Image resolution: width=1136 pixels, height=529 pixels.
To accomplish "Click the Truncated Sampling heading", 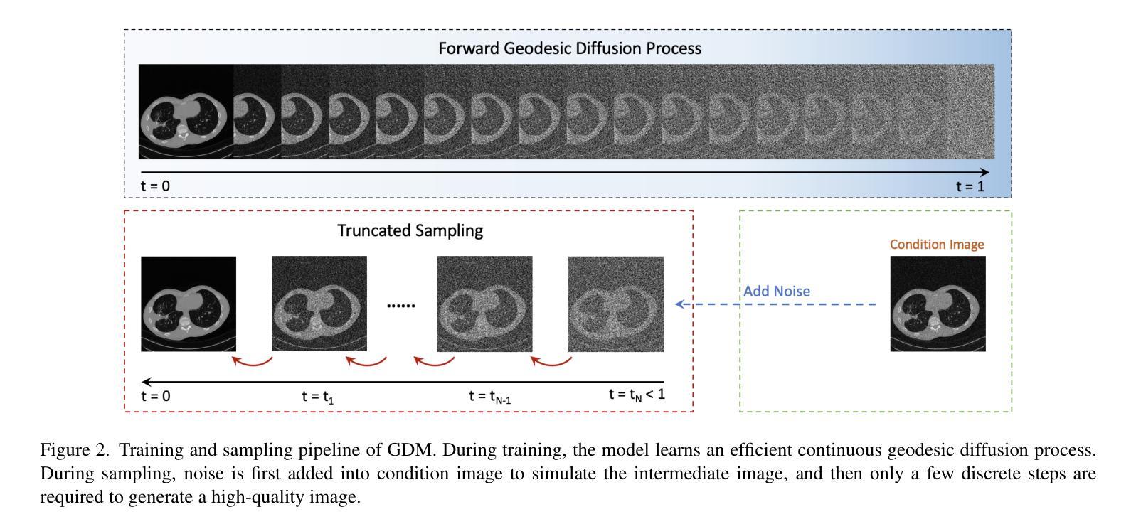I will (410, 230).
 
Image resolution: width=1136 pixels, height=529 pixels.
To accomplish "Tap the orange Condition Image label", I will (937, 245).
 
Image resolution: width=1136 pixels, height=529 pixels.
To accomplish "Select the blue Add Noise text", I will (776, 291).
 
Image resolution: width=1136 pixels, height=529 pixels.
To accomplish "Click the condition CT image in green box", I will (938, 304).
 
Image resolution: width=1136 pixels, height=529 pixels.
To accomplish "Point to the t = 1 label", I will (970, 186).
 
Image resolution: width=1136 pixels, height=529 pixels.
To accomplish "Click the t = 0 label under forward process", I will (155, 186).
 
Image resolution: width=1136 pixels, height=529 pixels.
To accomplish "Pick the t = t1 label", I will (317, 397).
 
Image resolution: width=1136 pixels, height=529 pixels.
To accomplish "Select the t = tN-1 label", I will (489, 397).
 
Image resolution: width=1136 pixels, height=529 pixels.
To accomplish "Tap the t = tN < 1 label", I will (636, 395).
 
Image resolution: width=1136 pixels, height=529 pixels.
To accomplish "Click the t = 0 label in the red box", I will (155, 396).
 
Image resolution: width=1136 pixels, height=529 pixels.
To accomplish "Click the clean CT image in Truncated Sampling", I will (189, 304).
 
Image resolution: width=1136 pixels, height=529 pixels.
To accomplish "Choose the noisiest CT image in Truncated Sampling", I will (615, 304).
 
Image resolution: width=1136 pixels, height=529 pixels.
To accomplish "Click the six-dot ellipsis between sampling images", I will (400, 305).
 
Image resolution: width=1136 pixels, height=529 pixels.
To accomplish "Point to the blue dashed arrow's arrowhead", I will (679, 304).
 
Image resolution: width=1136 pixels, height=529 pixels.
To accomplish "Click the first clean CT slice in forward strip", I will (186, 112).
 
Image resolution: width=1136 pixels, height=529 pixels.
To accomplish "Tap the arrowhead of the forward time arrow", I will (984, 172).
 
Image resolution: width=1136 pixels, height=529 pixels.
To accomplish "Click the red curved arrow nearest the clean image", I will (253, 362).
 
